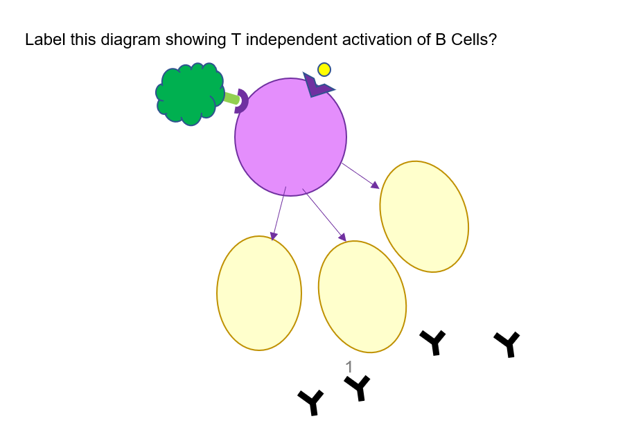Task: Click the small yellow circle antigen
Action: [324, 69]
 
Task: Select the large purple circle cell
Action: [290, 136]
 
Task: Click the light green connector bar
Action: [231, 98]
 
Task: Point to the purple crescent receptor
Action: [243, 101]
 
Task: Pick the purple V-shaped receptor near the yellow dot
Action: [316, 87]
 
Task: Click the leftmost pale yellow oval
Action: [259, 293]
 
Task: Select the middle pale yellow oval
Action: [362, 296]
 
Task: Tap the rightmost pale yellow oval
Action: [424, 217]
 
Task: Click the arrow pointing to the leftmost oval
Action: [279, 213]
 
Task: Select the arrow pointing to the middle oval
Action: [324, 215]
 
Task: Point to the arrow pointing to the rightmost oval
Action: [360, 175]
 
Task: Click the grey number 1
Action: [349, 367]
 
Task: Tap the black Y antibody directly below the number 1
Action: [358, 387]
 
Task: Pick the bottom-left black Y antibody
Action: [311, 402]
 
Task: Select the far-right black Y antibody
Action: [507, 343]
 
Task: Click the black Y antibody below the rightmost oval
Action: [433, 341]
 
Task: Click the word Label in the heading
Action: [43, 39]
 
